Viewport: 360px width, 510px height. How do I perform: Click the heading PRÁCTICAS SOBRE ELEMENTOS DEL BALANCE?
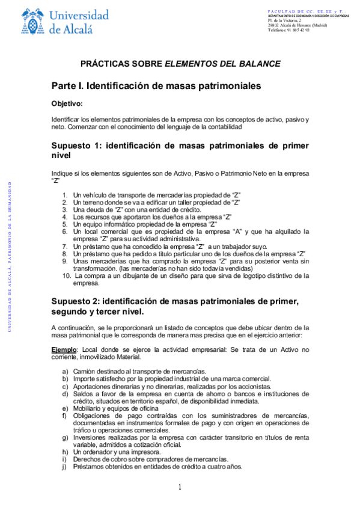(x=180, y=63)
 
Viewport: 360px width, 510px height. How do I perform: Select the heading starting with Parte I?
(x=156, y=86)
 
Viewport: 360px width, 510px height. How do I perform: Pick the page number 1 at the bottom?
(x=180, y=487)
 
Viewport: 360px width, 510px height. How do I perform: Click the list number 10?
(x=67, y=275)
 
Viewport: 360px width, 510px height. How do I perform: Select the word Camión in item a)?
(x=85, y=371)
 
